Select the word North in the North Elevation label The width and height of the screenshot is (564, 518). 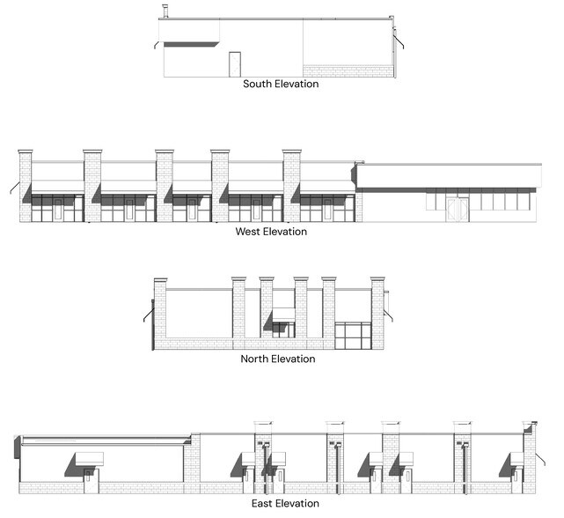coord(254,359)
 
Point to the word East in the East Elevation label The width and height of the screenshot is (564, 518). coord(261,503)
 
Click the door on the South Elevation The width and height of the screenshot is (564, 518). coord(235,64)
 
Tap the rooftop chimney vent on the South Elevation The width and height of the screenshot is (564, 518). coord(165,11)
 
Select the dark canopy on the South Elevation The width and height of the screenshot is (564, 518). coord(191,44)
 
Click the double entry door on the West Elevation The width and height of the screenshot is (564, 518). coord(458,210)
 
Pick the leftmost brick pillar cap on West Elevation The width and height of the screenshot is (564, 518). coord(26,152)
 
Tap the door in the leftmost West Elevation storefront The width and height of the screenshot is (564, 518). coord(57,210)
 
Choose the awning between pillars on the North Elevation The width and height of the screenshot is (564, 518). coord(283,314)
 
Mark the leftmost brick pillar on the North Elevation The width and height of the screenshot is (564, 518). coord(160,314)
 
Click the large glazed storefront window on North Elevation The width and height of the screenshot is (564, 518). coord(353,336)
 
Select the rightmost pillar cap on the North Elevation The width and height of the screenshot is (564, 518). coord(377,279)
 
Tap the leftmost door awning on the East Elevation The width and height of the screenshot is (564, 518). coord(89,458)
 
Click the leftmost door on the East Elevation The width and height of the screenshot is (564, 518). coord(88,480)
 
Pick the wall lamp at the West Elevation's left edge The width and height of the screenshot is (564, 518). coord(15,188)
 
